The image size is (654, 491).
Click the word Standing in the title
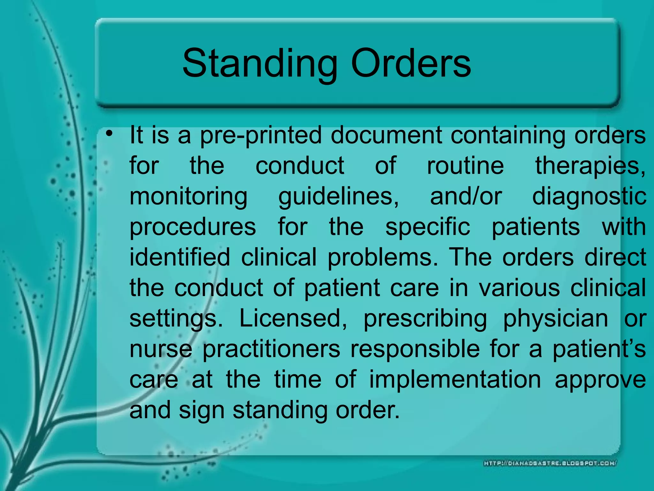(x=259, y=64)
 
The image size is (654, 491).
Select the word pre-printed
(x=261, y=136)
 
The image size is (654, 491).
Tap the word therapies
(x=590, y=166)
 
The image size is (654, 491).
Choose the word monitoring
(x=188, y=197)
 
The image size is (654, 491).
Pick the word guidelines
(x=338, y=197)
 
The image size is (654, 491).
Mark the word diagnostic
(x=589, y=197)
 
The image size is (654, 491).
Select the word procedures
(x=193, y=228)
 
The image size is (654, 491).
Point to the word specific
(x=428, y=228)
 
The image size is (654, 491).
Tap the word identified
(x=180, y=257)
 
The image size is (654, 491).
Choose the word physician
(x=556, y=319)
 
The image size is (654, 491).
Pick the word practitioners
(x=271, y=349)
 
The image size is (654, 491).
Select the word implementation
(x=455, y=380)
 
